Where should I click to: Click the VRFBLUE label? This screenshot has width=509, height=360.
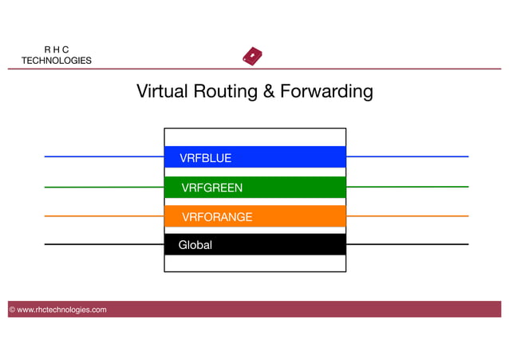205,158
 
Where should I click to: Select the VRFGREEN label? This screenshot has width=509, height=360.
211,188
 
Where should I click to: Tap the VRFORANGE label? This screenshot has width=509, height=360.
217,217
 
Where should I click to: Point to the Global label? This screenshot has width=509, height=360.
195,245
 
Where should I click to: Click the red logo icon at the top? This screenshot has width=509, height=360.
252,57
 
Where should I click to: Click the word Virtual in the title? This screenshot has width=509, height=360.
161,92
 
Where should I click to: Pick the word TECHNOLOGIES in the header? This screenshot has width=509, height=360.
56,61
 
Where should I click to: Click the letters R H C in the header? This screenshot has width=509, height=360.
56,49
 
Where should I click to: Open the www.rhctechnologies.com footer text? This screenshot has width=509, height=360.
61,310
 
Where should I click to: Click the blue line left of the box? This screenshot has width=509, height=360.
104,156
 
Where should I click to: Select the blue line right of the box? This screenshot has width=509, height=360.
407,156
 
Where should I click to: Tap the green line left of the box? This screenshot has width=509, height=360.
104,188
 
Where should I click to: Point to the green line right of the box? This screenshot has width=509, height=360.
407,187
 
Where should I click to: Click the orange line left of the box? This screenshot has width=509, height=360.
104,216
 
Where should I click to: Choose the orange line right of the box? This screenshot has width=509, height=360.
407,216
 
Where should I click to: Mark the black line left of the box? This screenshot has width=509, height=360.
104,244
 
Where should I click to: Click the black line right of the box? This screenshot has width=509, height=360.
407,244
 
